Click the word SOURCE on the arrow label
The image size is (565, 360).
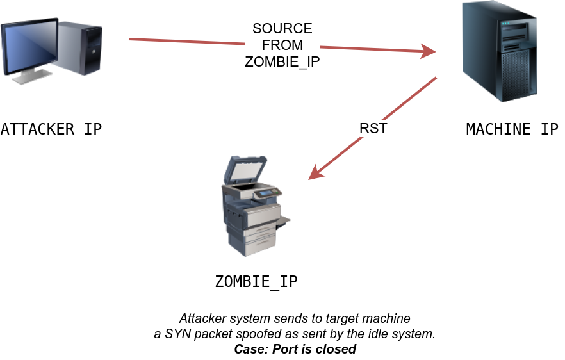(282, 29)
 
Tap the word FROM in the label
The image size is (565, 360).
(282, 45)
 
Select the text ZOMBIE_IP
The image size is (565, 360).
(282, 61)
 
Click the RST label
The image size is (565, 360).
(373, 129)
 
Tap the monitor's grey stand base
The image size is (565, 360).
(31, 78)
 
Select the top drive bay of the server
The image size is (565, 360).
(518, 29)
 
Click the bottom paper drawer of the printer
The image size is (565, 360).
(259, 244)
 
